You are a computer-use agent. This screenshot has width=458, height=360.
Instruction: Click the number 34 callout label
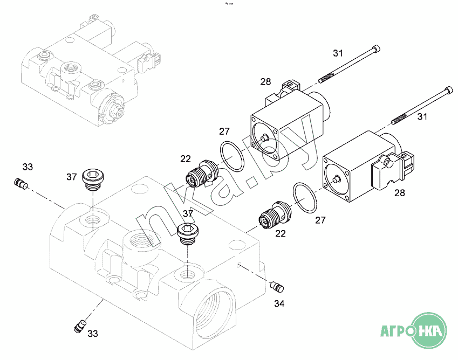(x=279, y=304)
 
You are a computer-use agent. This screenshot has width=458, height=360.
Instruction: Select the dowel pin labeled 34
(x=277, y=286)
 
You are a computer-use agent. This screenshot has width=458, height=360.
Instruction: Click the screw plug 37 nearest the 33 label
(x=93, y=179)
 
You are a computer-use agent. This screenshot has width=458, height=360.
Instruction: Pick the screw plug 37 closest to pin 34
(x=188, y=234)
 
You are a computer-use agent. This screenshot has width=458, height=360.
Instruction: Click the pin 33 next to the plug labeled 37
(x=20, y=183)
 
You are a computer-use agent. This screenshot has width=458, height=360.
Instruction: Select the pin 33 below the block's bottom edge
(x=80, y=326)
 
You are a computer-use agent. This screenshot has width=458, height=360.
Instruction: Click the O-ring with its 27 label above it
(x=231, y=156)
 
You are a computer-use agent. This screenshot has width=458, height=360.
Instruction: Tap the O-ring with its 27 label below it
(x=305, y=197)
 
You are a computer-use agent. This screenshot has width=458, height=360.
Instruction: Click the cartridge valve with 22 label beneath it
(x=276, y=215)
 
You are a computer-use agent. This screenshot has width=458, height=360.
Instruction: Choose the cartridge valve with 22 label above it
(x=202, y=174)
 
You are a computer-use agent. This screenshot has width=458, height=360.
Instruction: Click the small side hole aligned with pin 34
(x=239, y=265)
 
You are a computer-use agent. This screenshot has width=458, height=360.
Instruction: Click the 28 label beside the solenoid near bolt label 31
(x=265, y=82)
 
